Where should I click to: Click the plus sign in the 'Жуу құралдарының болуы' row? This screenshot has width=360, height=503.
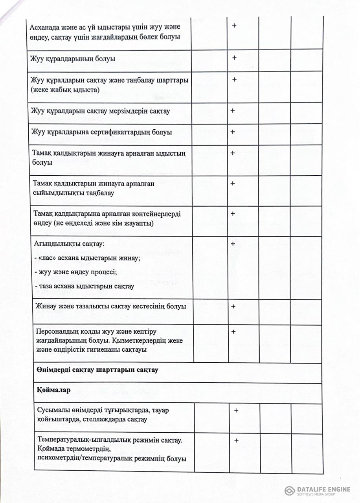point(234,58)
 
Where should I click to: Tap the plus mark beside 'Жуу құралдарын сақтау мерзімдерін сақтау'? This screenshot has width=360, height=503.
point(233,110)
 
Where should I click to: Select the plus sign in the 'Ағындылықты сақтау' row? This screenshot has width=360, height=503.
point(233,244)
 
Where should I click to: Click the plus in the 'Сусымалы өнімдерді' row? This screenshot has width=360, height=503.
point(236,410)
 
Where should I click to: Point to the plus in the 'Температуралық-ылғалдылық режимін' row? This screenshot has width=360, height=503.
point(236,441)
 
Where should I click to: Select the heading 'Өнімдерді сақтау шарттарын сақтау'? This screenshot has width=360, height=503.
point(98,370)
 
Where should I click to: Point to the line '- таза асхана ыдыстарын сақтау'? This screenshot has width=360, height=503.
point(84,286)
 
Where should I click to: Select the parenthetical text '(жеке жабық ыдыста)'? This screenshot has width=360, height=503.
point(65,90)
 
